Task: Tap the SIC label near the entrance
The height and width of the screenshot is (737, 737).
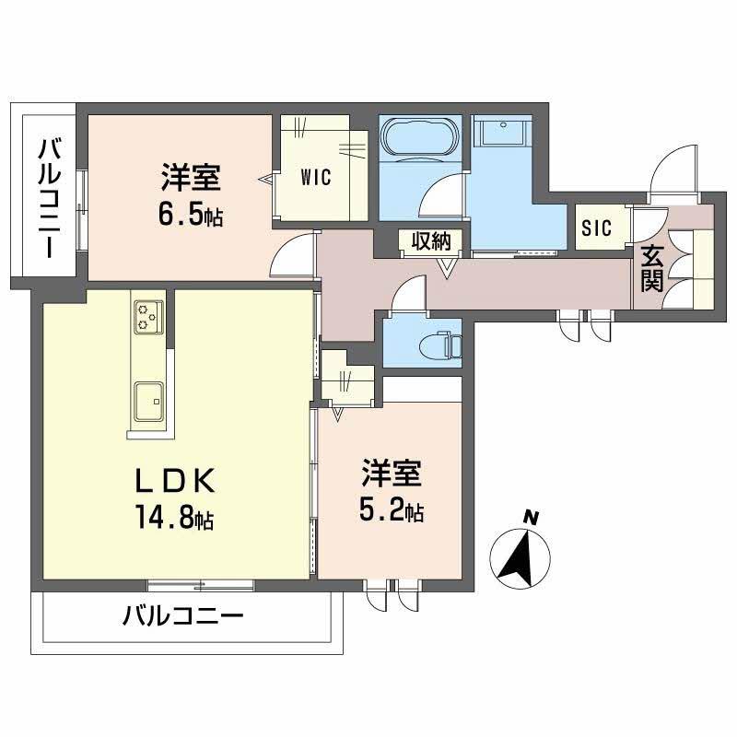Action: tap(596, 229)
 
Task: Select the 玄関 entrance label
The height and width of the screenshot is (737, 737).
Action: tap(652, 268)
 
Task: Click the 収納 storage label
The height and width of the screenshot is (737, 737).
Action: tap(429, 241)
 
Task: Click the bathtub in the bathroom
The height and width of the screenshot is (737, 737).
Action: tap(419, 137)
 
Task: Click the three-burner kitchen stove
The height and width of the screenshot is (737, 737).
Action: tap(147, 316)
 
